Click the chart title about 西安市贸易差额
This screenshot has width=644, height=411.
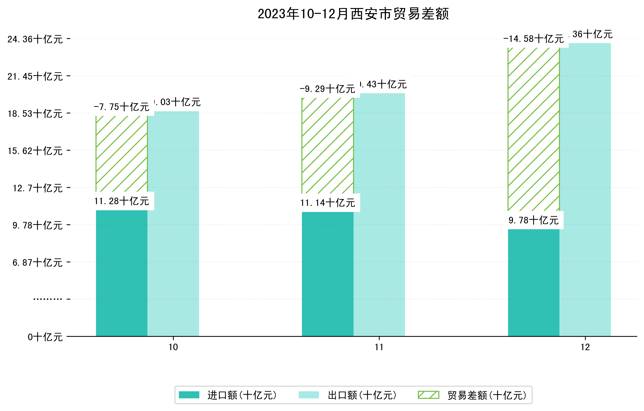tap(353, 14)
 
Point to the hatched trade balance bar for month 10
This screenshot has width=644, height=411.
tap(122, 154)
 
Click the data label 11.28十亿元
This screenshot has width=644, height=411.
tap(122, 201)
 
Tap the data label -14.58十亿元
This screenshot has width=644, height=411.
tap(534, 39)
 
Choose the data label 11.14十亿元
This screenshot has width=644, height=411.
tap(328, 203)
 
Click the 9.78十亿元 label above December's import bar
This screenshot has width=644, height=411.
tap(534, 220)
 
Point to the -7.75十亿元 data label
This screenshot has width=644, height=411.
tap(122, 107)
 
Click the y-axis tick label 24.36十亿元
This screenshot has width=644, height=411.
tap(35, 39)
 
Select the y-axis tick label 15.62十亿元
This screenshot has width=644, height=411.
tap(35, 151)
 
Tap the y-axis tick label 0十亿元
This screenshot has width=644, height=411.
tap(45, 337)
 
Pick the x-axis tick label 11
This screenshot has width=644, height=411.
tap(379, 347)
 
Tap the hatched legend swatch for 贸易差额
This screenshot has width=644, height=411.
tap(428, 395)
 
